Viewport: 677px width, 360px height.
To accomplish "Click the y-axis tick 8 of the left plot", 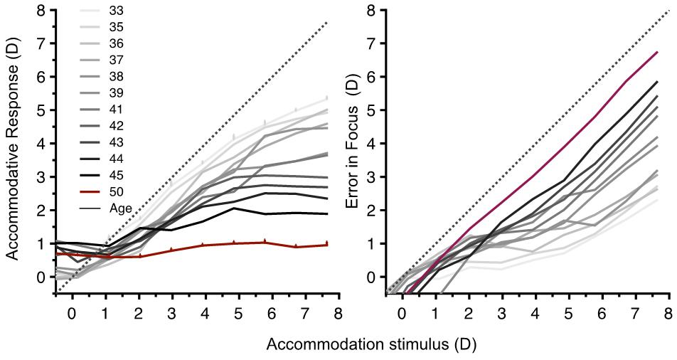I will tap(42, 11).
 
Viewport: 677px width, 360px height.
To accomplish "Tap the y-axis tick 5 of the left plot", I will tap(42, 110).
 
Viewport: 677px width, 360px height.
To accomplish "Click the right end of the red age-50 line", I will tap(326, 245).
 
